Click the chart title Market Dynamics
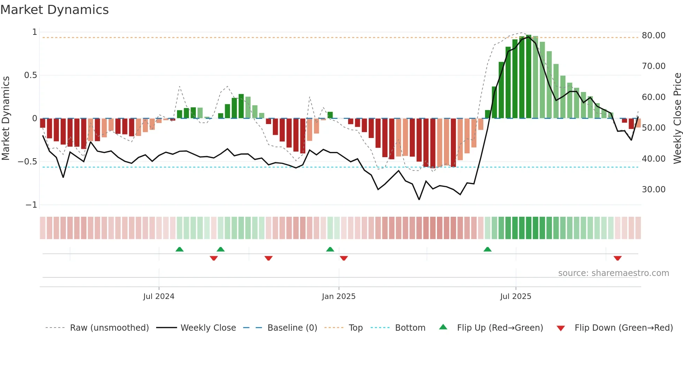(54, 10)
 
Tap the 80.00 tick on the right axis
(653, 36)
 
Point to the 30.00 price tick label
(653, 190)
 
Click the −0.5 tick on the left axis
(27, 162)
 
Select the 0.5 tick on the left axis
(30, 75)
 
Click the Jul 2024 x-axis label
(159, 297)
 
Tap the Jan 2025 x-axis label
(338, 297)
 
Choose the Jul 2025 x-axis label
(515, 297)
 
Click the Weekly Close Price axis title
(677, 118)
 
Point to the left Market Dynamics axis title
(6, 118)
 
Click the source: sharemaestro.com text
(613, 273)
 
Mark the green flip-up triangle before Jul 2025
(488, 249)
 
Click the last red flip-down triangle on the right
(617, 258)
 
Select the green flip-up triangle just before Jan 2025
(330, 249)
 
